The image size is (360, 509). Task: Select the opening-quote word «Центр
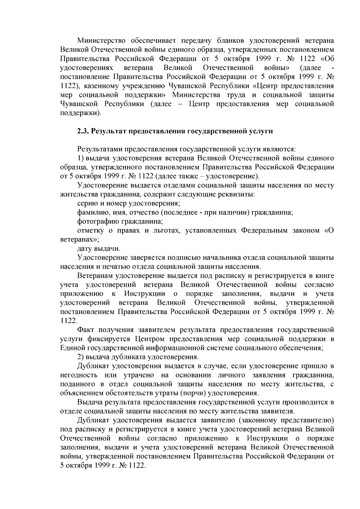point(264,86)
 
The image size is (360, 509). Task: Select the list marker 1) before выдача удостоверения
point(81,158)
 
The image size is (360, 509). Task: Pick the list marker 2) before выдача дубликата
point(81,357)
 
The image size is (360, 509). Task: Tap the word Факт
point(86,330)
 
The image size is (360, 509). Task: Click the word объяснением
point(80,393)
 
